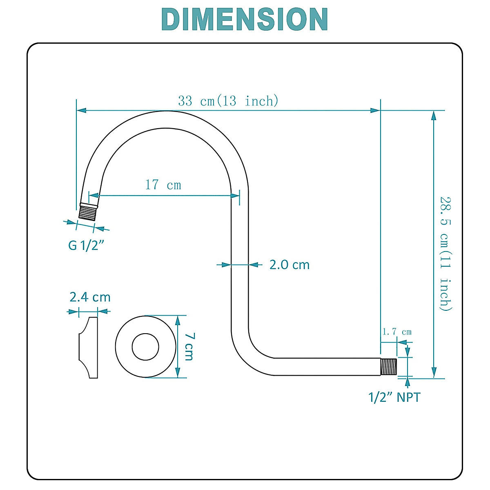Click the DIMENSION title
click(x=245, y=19)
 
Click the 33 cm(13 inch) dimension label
click(x=228, y=100)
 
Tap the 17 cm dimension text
click(x=163, y=185)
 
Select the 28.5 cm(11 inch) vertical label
click(x=446, y=254)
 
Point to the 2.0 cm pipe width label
click(x=289, y=265)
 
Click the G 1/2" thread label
click(x=86, y=245)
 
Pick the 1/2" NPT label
click(x=394, y=397)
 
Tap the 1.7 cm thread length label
click(x=396, y=332)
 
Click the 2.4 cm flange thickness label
click(x=90, y=297)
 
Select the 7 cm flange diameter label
click(x=189, y=346)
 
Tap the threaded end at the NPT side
click(x=389, y=367)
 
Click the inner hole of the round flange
click(x=145, y=347)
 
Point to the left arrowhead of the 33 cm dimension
click(x=81, y=110)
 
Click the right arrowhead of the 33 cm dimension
click(x=375, y=110)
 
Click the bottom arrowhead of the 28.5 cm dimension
click(x=434, y=373)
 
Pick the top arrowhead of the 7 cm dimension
click(x=178, y=320)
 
